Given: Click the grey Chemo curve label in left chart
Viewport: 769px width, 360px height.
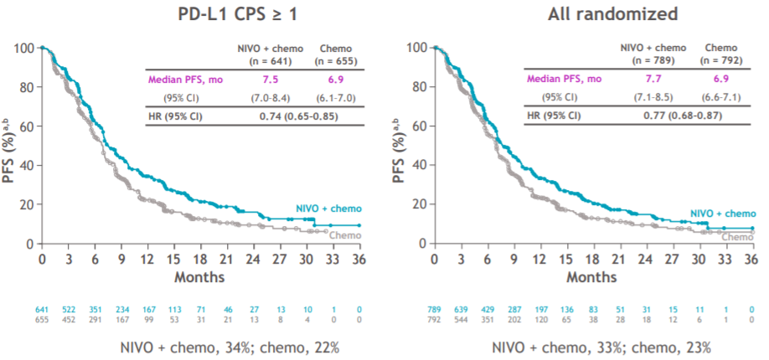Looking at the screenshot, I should click(347, 235).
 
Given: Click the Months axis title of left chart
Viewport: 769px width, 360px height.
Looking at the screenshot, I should click(200, 275).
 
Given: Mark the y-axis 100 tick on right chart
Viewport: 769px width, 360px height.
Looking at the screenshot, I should click(419, 48).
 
